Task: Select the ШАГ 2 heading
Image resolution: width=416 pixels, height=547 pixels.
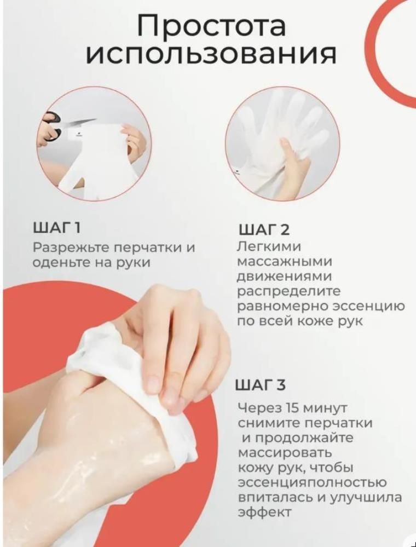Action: click(x=264, y=230)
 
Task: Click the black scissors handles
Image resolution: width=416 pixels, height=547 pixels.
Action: click(x=50, y=125)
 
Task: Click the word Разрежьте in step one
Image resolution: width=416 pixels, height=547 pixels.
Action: click(x=71, y=249)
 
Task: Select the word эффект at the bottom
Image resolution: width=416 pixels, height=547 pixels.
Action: click(x=264, y=513)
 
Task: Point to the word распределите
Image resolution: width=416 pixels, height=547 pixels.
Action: click(x=288, y=292)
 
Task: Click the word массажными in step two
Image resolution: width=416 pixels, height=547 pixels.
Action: click(x=285, y=262)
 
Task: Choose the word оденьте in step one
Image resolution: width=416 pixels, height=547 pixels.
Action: click(x=61, y=262)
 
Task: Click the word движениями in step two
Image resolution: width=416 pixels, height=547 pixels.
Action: click(x=285, y=277)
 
